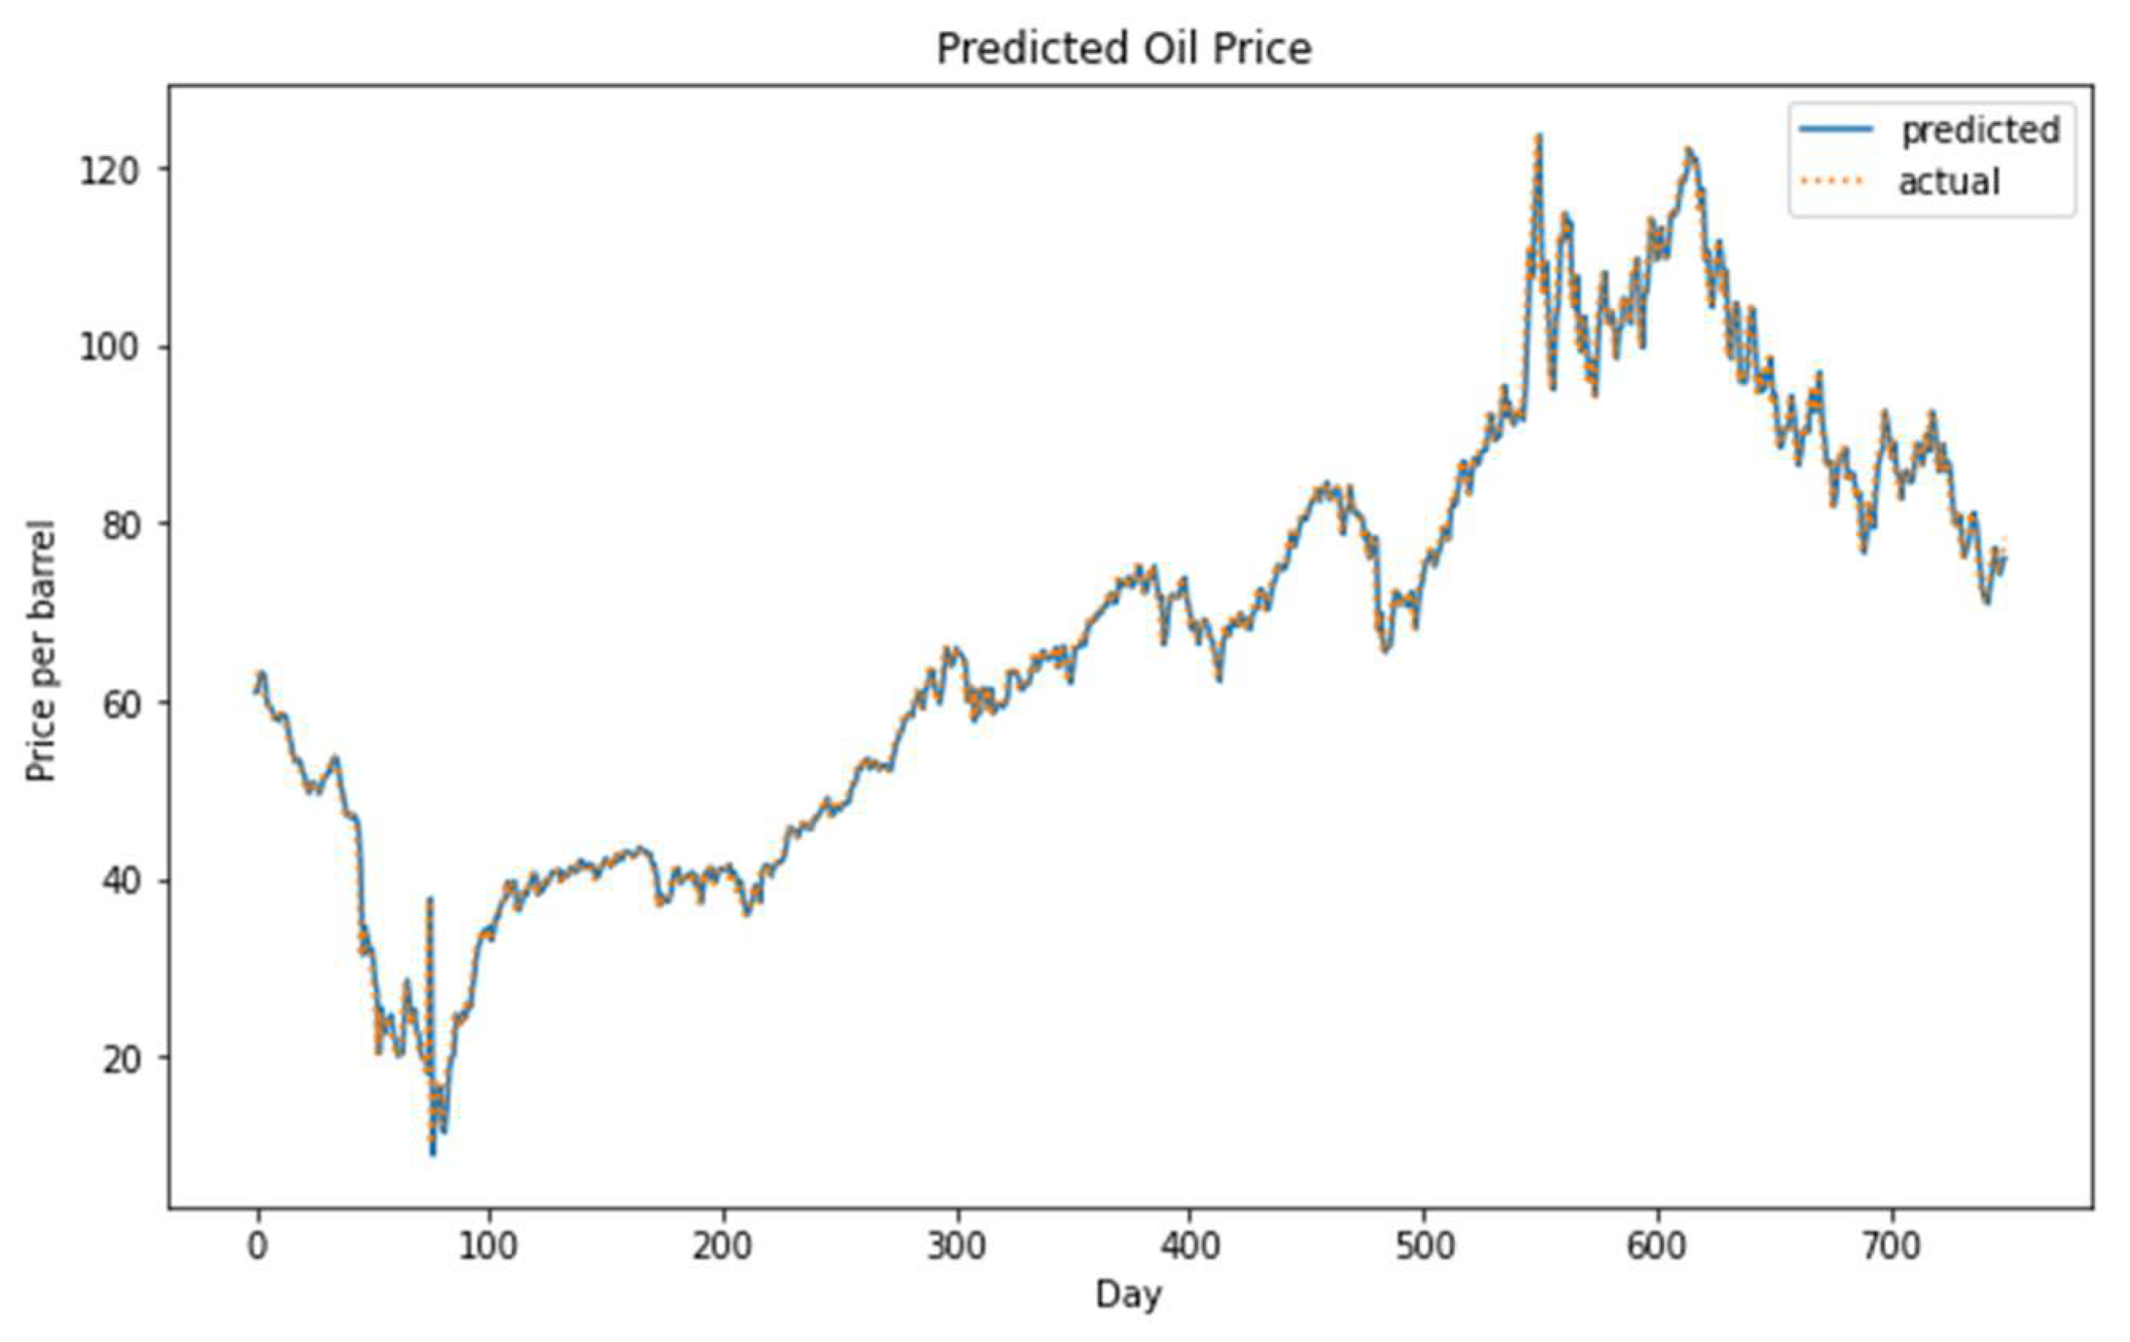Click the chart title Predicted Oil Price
(x=1124, y=48)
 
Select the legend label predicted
(x=1980, y=130)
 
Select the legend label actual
(x=1949, y=182)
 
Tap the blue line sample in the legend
(x=1835, y=129)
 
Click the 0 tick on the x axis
(x=258, y=1246)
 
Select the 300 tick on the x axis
(x=956, y=1246)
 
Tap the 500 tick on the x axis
(x=1424, y=1246)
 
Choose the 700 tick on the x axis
(x=1892, y=1246)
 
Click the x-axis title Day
(x=1128, y=1295)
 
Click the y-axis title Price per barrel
(x=40, y=651)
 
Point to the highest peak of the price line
(x=1539, y=137)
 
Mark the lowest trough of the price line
(x=433, y=1153)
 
